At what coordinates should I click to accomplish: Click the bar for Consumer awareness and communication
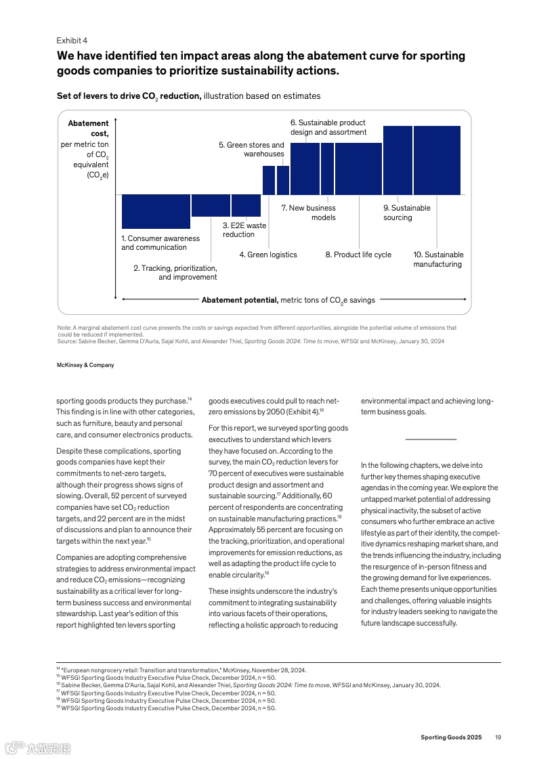(x=156, y=211)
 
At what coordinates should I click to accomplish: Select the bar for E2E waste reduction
(x=246, y=205)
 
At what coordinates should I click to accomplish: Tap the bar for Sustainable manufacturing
(x=437, y=160)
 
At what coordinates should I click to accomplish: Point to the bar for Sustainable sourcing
(x=398, y=160)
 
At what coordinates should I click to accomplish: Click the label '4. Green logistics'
(x=268, y=255)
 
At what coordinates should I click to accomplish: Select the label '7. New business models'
(x=308, y=213)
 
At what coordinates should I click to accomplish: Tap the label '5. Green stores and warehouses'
(x=251, y=149)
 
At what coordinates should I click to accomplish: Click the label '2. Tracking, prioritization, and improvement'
(x=175, y=272)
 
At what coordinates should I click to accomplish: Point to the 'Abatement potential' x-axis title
(x=288, y=300)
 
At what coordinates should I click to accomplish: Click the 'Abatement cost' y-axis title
(x=89, y=149)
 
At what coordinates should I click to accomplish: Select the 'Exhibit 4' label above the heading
(x=72, y=40)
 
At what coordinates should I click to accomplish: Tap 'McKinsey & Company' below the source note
(x=85, y=365)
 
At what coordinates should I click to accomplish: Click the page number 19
(x=498, y=737)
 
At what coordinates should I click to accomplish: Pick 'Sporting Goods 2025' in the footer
(x=450, y=737)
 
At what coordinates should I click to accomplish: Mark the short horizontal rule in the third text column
(x=431, y=439)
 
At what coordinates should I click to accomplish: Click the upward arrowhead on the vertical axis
(x=116, y=121)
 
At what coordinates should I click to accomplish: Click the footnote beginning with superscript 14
(x=181, y=670)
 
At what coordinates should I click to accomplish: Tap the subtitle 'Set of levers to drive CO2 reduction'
(x=129, y=97)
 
